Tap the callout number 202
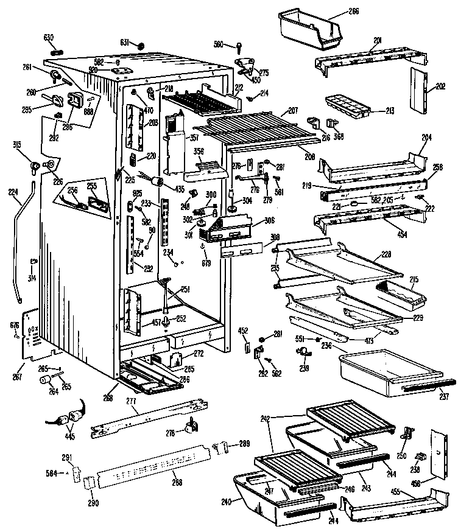(x=440, y=87)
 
